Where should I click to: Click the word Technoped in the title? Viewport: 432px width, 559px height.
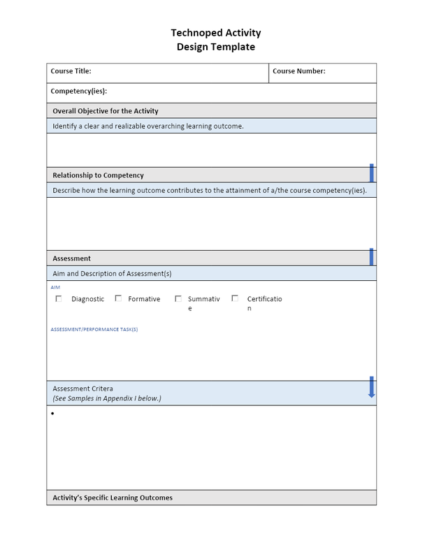[194, 33]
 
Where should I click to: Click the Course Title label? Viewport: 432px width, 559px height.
[71, 71]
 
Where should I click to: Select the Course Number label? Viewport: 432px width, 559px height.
[298, 71]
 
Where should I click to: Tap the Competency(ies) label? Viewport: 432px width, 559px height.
[79, 92]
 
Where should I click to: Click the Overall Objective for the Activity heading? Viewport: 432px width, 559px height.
[106, 111]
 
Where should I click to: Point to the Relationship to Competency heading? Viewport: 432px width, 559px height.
[98, 175]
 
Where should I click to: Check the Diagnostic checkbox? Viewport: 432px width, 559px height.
[59, 298]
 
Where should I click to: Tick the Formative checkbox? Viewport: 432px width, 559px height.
[119, 298]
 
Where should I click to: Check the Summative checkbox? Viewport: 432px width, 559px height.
[178, 298]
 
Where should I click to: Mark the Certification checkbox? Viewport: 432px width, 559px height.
[235, 298]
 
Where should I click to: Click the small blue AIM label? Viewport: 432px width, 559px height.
[55, 287]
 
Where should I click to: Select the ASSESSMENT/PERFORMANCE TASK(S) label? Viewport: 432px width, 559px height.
[94, 329]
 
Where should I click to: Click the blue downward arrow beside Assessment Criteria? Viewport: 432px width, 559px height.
[371, 388]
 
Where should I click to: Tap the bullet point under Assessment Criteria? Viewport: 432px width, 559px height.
[53, 414]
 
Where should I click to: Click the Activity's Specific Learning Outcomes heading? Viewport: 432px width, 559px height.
[113, 498]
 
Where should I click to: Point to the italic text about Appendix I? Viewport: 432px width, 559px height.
[107, 399]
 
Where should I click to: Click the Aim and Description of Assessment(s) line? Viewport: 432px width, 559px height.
[112, 273]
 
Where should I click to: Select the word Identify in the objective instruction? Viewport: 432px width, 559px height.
[66, 126]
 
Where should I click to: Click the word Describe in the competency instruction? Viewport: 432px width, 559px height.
[67, 190]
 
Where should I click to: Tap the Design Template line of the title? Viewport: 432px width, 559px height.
[216, 48]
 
